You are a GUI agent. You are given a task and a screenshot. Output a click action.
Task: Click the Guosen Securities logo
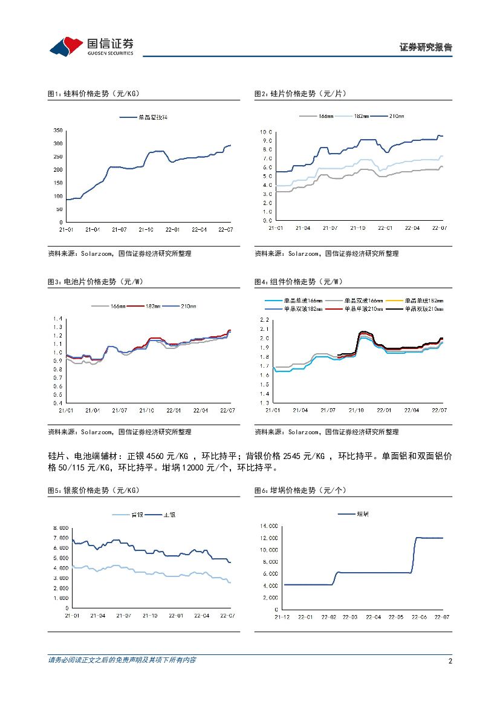click(91, 45)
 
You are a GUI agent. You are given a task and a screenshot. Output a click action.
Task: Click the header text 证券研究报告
click(426, 47)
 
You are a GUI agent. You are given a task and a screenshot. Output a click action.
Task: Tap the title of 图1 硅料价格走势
click(94, 94)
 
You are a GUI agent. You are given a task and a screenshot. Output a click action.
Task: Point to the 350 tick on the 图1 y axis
click(57, 130)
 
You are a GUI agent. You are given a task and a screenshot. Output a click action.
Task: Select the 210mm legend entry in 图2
click(388, 116)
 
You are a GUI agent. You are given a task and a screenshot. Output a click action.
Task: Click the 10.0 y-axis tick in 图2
click(266, 132)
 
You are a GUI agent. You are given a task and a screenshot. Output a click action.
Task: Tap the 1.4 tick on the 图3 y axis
click(58, 319)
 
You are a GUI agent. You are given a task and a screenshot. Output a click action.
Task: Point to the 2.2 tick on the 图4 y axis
click(264, 319)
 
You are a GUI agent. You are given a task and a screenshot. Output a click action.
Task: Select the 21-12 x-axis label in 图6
click(282, 617)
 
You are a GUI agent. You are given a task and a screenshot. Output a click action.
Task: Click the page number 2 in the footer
click(450, 660)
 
